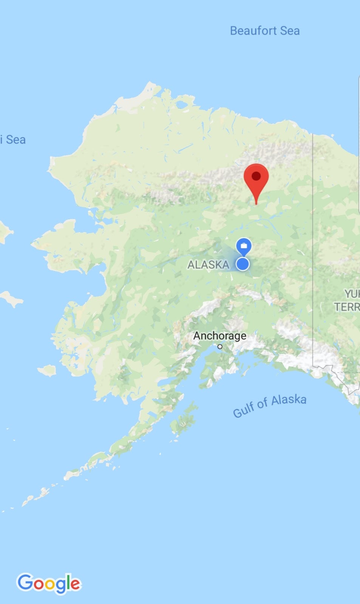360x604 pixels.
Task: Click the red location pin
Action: tap(256, 181)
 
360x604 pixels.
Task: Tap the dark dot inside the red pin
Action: tap(256, 176)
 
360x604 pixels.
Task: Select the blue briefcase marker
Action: tap(244, 247)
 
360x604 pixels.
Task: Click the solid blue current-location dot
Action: tap(243, 264)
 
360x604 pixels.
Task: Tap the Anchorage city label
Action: tap(219, 336)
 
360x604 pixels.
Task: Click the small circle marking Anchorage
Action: tap(220, 347)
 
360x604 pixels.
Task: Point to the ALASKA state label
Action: tap(208, 265)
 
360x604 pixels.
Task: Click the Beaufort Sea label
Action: tap(265, 31)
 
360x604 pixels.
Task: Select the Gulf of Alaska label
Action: tap(269, 406)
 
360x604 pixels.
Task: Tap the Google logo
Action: tap(49, 583)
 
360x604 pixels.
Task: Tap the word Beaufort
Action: tap(253, 31)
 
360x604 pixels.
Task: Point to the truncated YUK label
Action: tap(352, 294)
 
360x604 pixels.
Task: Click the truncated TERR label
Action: tap(347, 307)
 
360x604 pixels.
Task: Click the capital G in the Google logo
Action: tap(25, 582)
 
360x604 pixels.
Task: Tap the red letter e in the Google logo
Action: tap(75, 584)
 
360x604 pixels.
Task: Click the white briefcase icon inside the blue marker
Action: tap(244, 246)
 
